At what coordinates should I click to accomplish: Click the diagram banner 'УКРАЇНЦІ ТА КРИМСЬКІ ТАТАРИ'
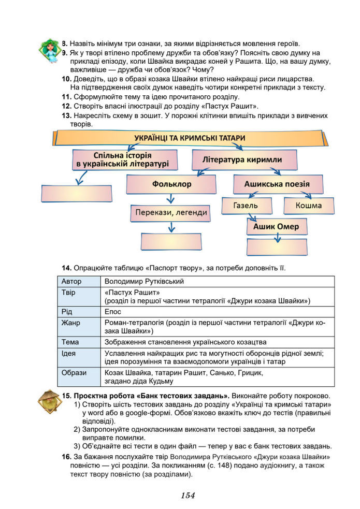[189, 138]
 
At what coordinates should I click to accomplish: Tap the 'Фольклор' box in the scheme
[172, 184]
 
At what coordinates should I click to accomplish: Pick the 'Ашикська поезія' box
[277, 184]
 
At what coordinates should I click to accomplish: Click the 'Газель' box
[246, 206]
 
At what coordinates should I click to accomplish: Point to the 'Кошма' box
[308, 206]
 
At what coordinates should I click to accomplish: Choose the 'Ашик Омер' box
[276, 226]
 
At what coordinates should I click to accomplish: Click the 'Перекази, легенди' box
[171, 212]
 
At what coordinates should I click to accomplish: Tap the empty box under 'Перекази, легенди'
[171, 241]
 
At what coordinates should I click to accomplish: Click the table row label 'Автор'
[71, 281]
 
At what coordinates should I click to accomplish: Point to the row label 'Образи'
[74, 372]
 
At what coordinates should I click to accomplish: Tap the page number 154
[188, 496]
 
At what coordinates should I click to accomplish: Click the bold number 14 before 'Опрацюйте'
[66, 268]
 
